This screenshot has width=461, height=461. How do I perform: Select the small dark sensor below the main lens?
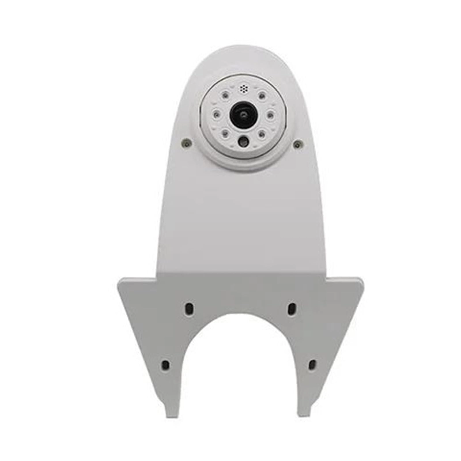click(x=243, y=141)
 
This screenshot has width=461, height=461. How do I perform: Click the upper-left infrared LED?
click(x=224, y=95)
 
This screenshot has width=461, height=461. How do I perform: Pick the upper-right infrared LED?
click(x=262, y=95)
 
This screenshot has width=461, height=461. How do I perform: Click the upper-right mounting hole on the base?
click(x=292, y=308)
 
